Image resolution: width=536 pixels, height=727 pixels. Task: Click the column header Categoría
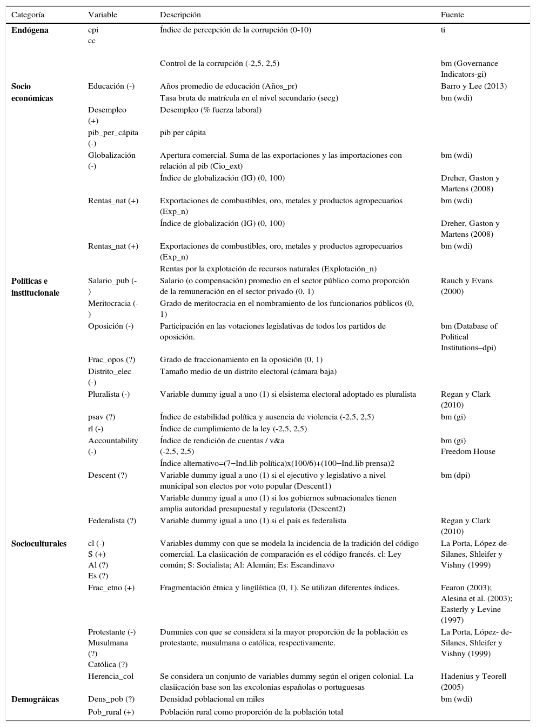pyautogui.click(x=28, y=15)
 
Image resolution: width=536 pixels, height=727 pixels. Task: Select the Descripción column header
pyautogui.click(x=180, y=15)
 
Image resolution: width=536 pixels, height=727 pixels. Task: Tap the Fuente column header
pyautogui.click(x=452, y=15)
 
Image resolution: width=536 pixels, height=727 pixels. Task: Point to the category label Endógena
pyautogui.click(x=30, y=30)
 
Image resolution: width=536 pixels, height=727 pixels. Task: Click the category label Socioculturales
pyautogui.click(x=39, y=544)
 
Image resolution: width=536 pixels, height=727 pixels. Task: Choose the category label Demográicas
pyautogui.click(x=35, y=699)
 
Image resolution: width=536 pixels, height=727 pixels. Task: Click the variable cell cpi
pyautogui.click(x=93, y=30)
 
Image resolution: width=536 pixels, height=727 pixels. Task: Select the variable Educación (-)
pyautogui.click(x=111, y=86)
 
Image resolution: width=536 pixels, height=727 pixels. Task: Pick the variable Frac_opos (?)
pyautogui.click(x=111, y=359)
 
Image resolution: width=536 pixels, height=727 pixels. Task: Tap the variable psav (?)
pyautogui.click(x=102, y=417)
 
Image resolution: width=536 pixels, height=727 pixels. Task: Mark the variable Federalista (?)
pyautogui.click(x=112, y=521)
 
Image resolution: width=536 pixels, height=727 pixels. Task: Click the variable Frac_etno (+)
pyautogui.click(x=111, y=588)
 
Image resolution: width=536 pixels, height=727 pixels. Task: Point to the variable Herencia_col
pyautogui.click(x=111, y=676)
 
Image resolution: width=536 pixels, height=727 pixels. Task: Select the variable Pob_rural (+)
pyautogui.click(x=111, y=712)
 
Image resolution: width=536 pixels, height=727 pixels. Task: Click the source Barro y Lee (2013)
pyautogui.click(x=473, y=86)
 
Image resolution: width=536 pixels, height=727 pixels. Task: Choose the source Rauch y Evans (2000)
pyautogui.click(x=466, y=286)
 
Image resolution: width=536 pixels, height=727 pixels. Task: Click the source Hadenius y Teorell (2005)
pyautogui.click(x=473, y=682)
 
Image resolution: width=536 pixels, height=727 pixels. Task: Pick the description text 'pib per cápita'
pyautogui.click(x=183, y=132)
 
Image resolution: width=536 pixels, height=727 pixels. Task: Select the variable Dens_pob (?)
pyautogui.click(x=111, y=699)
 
